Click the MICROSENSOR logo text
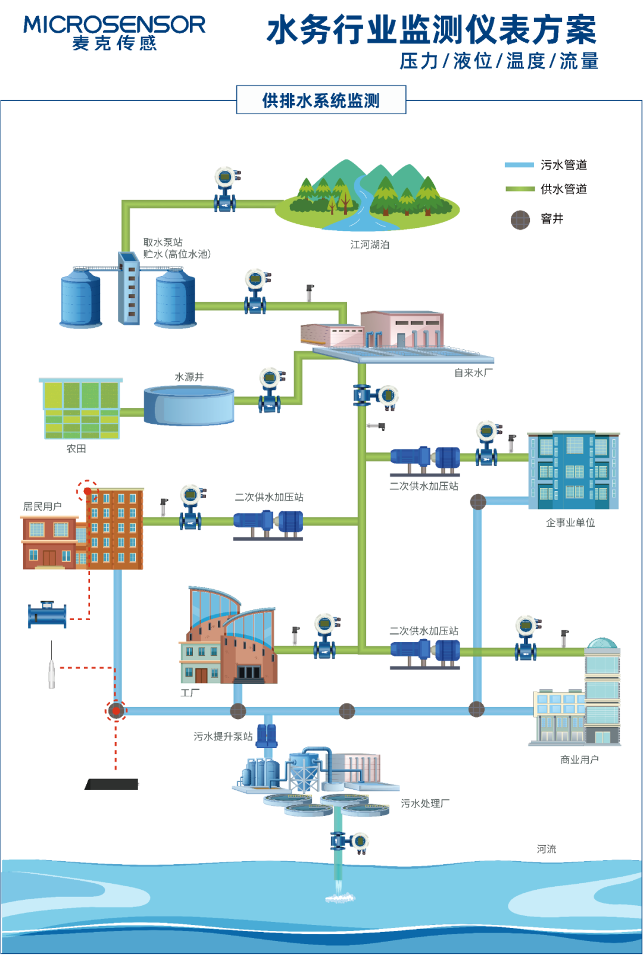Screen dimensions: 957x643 coord(114,25)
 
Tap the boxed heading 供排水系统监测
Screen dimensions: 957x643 coord(321,100)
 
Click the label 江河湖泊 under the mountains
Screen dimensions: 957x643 coord(369,245)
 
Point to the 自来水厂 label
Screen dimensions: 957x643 coord(473,373)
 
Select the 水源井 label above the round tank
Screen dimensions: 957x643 coord(189,377)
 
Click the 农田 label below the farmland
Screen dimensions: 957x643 coord(76,448)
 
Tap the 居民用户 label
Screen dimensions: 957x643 coord(42,506)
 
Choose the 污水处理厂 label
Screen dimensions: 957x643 coord(425,803)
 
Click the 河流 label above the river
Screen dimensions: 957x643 coord(546,849)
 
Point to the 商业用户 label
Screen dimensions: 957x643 coord(579,759)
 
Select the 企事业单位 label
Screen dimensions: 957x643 coord(570,522)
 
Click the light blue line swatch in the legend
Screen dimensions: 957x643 coord(519,165)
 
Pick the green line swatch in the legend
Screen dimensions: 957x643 coord(519,189)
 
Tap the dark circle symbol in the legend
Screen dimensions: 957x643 coord(520,220)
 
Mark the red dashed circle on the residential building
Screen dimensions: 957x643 coord(87,491)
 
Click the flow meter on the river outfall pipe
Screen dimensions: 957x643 coord(349,841)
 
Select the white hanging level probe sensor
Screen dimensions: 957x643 coord(52,673)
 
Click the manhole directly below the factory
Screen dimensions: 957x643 coord(238,711)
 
